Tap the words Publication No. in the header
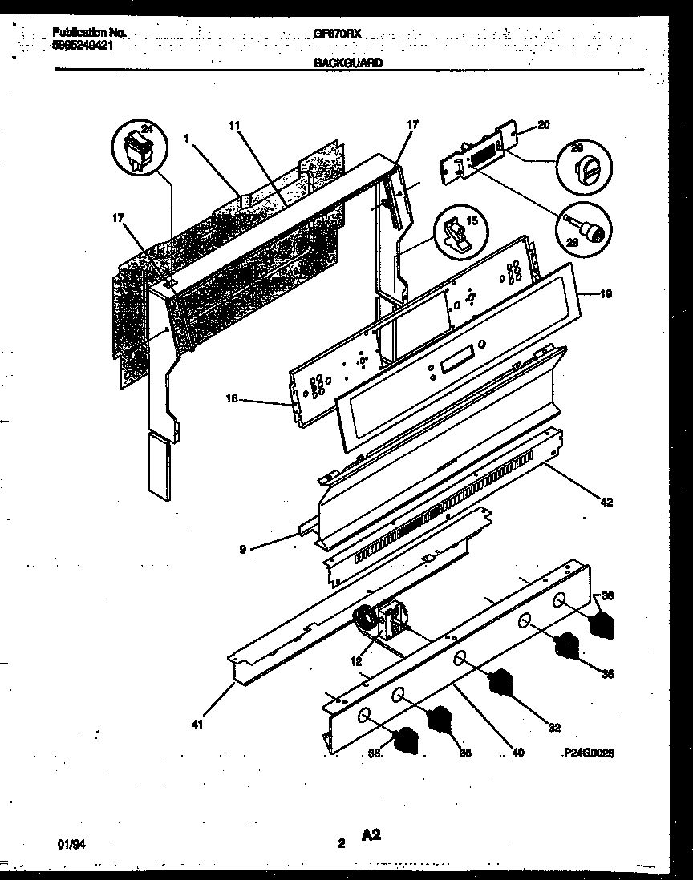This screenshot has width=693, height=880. coord(89,33)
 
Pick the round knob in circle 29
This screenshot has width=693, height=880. coord(583,168)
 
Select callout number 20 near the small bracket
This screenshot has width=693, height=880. coord(543,124)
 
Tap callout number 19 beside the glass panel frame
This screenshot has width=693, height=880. coord(606,294)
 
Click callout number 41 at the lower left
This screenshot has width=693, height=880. coord(197,725)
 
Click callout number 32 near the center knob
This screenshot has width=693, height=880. coord(553,728)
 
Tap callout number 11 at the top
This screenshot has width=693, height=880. coord(233,125)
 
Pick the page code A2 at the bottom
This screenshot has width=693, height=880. coord(370,836)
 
